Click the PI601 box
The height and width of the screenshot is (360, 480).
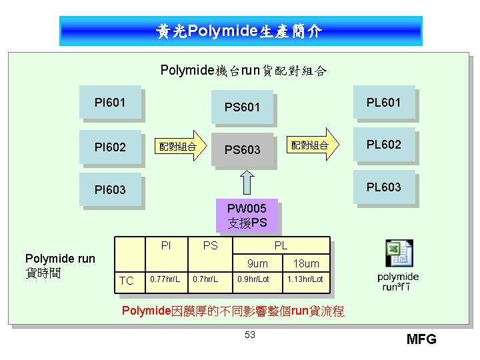pos(110,103)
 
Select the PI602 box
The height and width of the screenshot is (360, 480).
pos(110,147)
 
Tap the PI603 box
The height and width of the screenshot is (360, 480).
pos(110,190)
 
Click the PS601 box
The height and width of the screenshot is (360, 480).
pos(242,107)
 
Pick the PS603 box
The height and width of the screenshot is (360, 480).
pos(242,149)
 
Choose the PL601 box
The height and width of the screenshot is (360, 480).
pos(383,103)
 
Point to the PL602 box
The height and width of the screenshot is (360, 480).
pos(383,145)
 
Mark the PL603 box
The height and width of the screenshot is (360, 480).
pos(383,187)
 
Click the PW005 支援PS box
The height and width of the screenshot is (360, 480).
pos(247,216)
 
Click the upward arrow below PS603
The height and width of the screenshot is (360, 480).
pos(247,182)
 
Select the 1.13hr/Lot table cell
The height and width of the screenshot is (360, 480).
pos(306,279)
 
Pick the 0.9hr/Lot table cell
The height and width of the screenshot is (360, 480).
pos(253,279)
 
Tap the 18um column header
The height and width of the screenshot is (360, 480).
pos(306,263)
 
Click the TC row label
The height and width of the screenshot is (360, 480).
pos(126,281)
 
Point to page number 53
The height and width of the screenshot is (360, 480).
pos(249,335)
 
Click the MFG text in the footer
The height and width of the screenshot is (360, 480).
pos(421,339)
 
